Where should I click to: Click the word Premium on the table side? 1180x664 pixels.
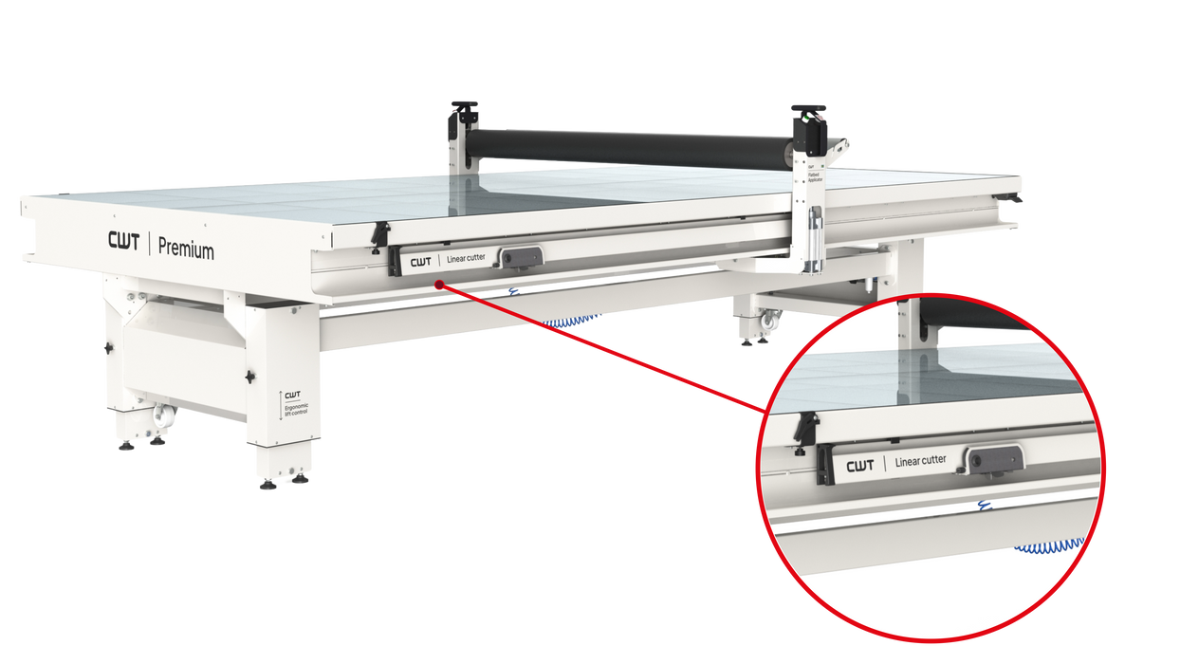click(x=186, y=249)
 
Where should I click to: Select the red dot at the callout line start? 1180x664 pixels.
click(x=438, y=284)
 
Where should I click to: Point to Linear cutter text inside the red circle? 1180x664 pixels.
click(x=920, y=461)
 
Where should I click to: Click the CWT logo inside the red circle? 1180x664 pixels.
click(x=859, y=465)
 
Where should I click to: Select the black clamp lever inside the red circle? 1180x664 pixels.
click(x=808, y=426)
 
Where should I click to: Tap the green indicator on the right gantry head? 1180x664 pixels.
click(x=805, y=121)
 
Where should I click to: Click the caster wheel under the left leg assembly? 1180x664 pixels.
click(x=161, y=415)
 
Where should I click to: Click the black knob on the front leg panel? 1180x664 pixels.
click(x=250, y=377)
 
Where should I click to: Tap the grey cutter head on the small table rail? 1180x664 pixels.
click(x=521, y=257)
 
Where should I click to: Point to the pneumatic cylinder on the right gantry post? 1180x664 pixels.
click(x=814, y=229)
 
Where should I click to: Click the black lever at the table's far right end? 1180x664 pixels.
click(x=1016, y=198)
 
